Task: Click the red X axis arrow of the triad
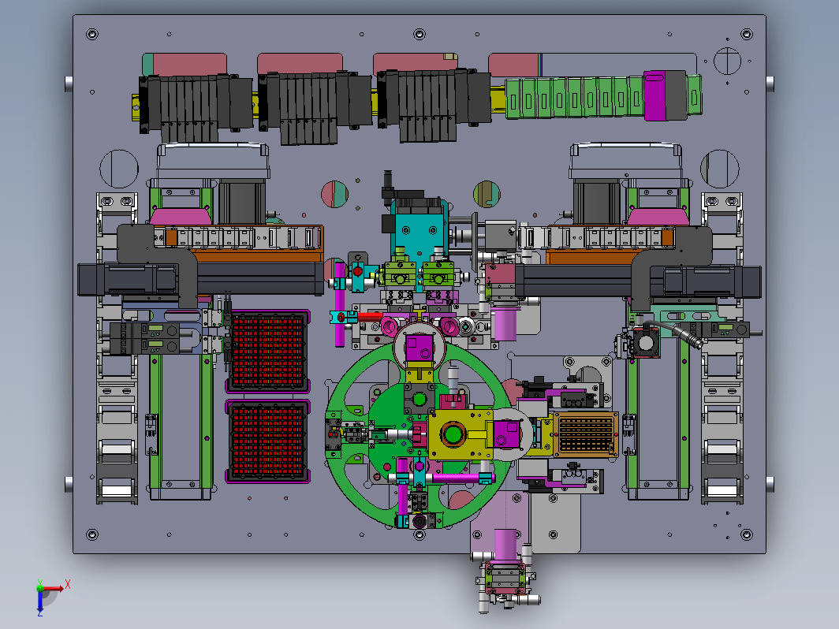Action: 54,588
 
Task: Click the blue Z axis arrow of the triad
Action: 40,601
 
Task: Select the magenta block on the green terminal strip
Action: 655,95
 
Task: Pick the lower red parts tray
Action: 267,441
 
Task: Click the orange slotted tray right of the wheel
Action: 585,434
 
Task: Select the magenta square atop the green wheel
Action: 419,348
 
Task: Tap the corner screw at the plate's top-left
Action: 92,35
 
